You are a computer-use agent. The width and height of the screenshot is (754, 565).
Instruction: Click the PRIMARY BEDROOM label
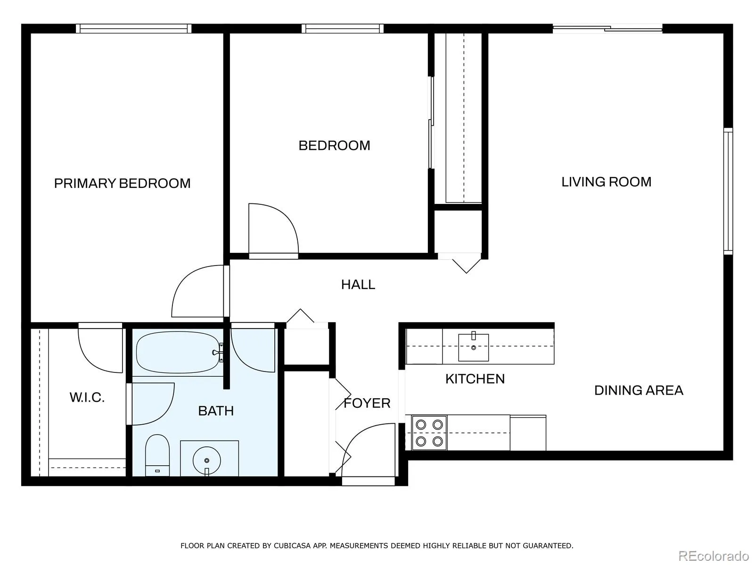pos(122,183)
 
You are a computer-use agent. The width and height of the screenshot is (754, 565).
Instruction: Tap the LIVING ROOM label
pos(606,182)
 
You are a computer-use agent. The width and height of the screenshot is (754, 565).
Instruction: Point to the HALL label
pos(358,284)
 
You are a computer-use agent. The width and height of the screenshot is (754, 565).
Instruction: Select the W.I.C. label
pos(87,397)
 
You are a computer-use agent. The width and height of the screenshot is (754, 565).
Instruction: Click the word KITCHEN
pos(475,379)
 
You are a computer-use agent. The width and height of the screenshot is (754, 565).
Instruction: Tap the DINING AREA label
pos(639,390)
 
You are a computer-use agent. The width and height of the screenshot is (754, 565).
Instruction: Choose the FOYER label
pos(367,403)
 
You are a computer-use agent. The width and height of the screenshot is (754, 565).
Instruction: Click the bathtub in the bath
pos(178,352)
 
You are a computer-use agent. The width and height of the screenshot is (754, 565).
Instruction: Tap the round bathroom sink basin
pos(206,460)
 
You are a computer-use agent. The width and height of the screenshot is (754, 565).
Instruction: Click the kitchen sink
pos(473,347)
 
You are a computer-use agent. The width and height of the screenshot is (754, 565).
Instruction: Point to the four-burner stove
pos(429,433)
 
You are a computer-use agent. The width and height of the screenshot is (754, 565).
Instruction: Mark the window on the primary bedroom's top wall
pos(134,28)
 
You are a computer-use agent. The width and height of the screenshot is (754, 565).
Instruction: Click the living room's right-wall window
pos(728,191)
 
